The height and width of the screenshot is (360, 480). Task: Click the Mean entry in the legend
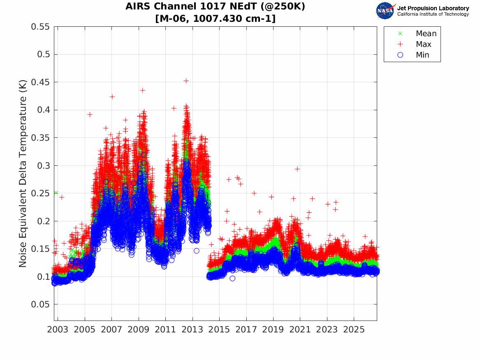click(x=426, y=33)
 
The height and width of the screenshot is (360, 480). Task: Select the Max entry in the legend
click(x=423, y=44)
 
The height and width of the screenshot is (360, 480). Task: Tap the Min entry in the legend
click(x=422, y=55)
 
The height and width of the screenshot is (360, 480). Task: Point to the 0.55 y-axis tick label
click(x=40, y=27)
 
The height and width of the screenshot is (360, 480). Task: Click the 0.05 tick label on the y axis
click(x=40, y=304)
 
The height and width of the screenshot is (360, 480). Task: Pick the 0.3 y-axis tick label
click(x=43, y=166)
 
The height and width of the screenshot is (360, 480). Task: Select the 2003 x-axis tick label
click(x=58, y=330)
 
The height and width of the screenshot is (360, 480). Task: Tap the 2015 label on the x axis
click(x=219, y=330)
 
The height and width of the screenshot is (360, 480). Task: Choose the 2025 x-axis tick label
click(x=354, y=330)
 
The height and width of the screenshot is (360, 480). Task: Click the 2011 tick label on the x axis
click(x=165, y=330)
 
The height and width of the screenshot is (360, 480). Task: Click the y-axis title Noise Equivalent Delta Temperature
click(x=23, y=173)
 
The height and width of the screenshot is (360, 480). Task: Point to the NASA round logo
click(x=385, y=11)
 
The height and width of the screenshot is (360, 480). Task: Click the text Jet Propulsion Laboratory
click(x=433, y=8)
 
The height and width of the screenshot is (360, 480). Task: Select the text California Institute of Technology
click(x=433, y=14)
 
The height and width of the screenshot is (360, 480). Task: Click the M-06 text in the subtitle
click(x=174, y=19)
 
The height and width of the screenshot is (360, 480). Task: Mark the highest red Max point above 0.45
click(x=186, y=81)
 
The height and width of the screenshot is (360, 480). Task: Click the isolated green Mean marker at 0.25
click(x=56, y=193)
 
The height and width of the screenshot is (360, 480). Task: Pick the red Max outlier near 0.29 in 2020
click(x=297, y=169)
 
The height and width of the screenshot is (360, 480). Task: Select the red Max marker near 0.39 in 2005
click(x=90, y=114)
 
